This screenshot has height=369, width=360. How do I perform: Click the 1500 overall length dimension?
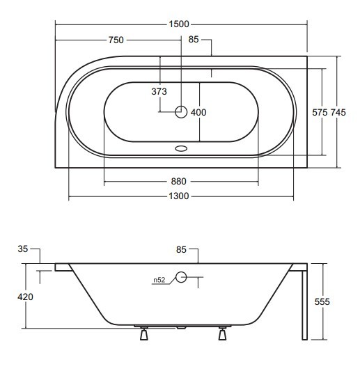[x=179, y=24]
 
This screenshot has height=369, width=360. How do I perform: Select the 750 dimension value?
[x=116, y=40]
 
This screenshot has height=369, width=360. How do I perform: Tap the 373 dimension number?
[x=159, y=91]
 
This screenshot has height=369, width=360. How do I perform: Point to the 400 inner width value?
[x=198, y=113]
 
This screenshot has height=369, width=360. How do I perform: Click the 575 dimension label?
[x=320, y=113]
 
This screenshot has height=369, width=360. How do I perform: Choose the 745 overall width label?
[x=338, y=113]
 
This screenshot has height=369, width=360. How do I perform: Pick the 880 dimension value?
[x=178, y=182]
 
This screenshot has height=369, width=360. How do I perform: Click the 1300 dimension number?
[x=179, y=196]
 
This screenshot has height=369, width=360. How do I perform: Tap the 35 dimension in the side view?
[x=23, y=249]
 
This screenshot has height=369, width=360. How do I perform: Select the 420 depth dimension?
[x=25, y=297]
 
